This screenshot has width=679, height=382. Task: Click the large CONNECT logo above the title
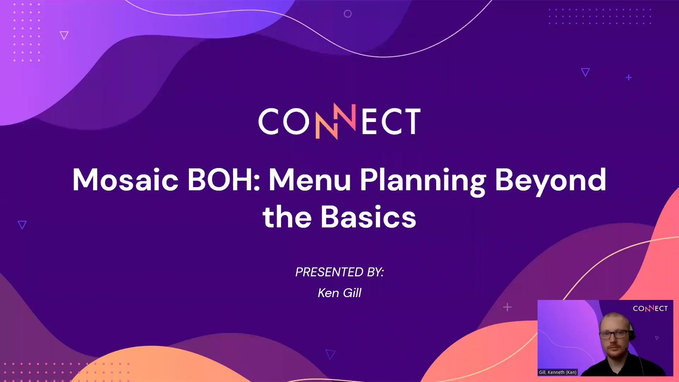click(339, 121)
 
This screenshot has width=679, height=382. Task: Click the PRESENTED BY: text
click(339, 272)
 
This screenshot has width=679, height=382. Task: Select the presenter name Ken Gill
click(339, 293)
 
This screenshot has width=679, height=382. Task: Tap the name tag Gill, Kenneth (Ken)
click(558, 372)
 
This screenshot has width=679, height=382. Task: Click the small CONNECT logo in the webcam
click(650, 308)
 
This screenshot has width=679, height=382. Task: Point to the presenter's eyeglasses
click(615, 334)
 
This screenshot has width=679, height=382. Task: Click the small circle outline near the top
click(348, 14)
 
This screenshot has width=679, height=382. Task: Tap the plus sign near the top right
click(628, 77)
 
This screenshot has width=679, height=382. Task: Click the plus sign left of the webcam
click(507, 307)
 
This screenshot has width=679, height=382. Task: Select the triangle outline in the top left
click(64, 35)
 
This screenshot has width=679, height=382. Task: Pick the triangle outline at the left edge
click(22, 225)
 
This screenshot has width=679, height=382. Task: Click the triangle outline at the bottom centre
click(330, 354)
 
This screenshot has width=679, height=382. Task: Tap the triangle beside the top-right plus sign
click(585, 72)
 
